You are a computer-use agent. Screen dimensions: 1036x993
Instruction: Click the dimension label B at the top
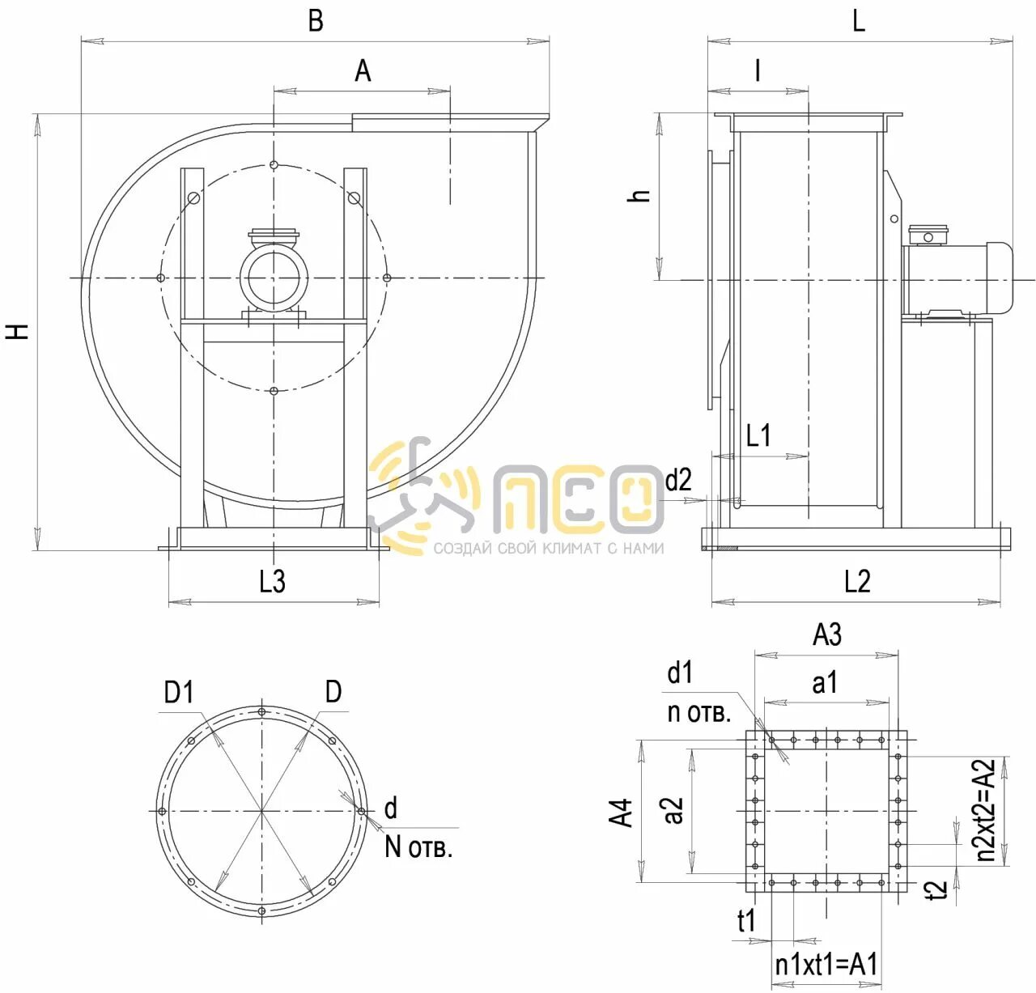coord(316,21)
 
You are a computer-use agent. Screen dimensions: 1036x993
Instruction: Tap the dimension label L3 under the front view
coord(273,581)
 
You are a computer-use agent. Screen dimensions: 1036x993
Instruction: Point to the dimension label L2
coord(857,581)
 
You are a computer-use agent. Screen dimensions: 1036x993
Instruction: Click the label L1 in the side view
coord(758,435)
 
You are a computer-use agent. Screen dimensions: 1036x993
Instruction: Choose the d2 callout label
coord(679,480)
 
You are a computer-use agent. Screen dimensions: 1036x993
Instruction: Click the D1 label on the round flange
coord(179,693)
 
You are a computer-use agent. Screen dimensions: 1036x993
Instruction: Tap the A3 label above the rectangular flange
coord(827,634)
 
